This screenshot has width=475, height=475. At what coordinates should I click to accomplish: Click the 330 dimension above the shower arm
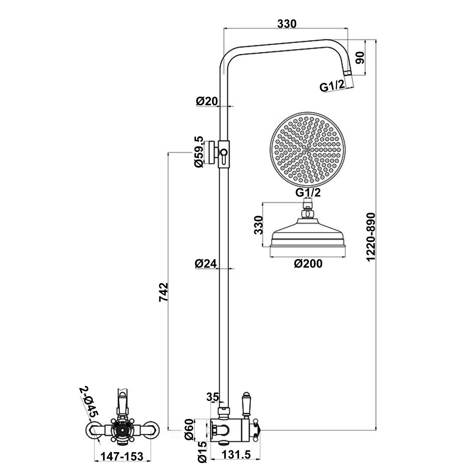coord(287,24)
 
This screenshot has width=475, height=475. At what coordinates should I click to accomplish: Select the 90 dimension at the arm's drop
coord(360,58)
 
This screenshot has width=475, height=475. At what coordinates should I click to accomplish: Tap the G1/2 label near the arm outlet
coord(332,85)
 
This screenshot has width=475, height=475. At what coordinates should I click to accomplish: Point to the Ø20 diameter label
coord(207,101)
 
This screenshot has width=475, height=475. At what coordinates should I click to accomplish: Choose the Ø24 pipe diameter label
coord(206,263)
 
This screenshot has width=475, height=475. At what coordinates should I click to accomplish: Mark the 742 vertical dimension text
coord(163,292)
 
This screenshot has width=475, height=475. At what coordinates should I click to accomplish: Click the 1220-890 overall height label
coord(370,237)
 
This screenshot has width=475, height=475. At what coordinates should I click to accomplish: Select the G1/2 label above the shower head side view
coord(308,192)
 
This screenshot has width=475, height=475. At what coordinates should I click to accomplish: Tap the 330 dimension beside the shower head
coord(258,225)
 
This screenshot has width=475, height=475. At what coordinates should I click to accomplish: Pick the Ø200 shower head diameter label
coord(308,263)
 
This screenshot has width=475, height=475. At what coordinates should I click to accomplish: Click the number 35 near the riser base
coord(212,396)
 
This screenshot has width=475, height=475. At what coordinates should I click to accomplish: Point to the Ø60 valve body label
coord(189,429)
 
